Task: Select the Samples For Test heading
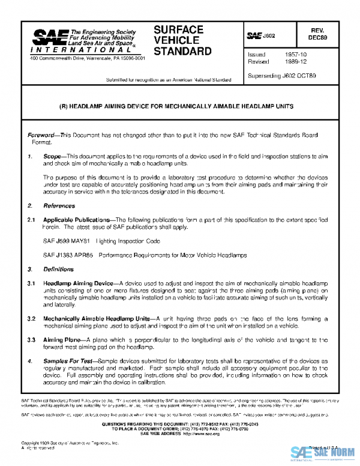68,361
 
